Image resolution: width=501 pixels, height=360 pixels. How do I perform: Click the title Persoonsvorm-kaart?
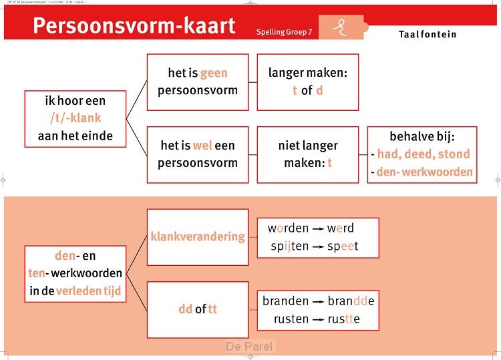[134, 26]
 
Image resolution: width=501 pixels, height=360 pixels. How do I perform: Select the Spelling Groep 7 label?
[284, 31]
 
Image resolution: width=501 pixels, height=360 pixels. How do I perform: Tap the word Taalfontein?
[428, 33]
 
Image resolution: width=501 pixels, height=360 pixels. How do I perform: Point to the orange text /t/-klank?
[75, 118]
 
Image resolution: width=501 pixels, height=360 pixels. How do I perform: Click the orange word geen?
[214, 73]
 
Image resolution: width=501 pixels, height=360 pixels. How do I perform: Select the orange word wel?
[202, 145]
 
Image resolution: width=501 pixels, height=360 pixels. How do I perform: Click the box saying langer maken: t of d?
[307, 81]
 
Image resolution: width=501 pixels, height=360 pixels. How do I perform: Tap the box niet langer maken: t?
[307, 154]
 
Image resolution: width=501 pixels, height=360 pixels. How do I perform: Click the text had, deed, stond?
[423, 154]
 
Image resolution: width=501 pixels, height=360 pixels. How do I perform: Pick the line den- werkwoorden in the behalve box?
[424, 172]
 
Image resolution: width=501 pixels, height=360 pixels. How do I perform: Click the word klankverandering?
[198, 236]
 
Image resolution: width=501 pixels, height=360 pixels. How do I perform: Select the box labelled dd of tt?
[198, 309]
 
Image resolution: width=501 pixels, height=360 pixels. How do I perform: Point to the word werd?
[341, 228]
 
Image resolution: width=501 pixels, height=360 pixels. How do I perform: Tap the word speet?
[343, 246]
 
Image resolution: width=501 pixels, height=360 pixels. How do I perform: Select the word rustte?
[343, 319]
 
